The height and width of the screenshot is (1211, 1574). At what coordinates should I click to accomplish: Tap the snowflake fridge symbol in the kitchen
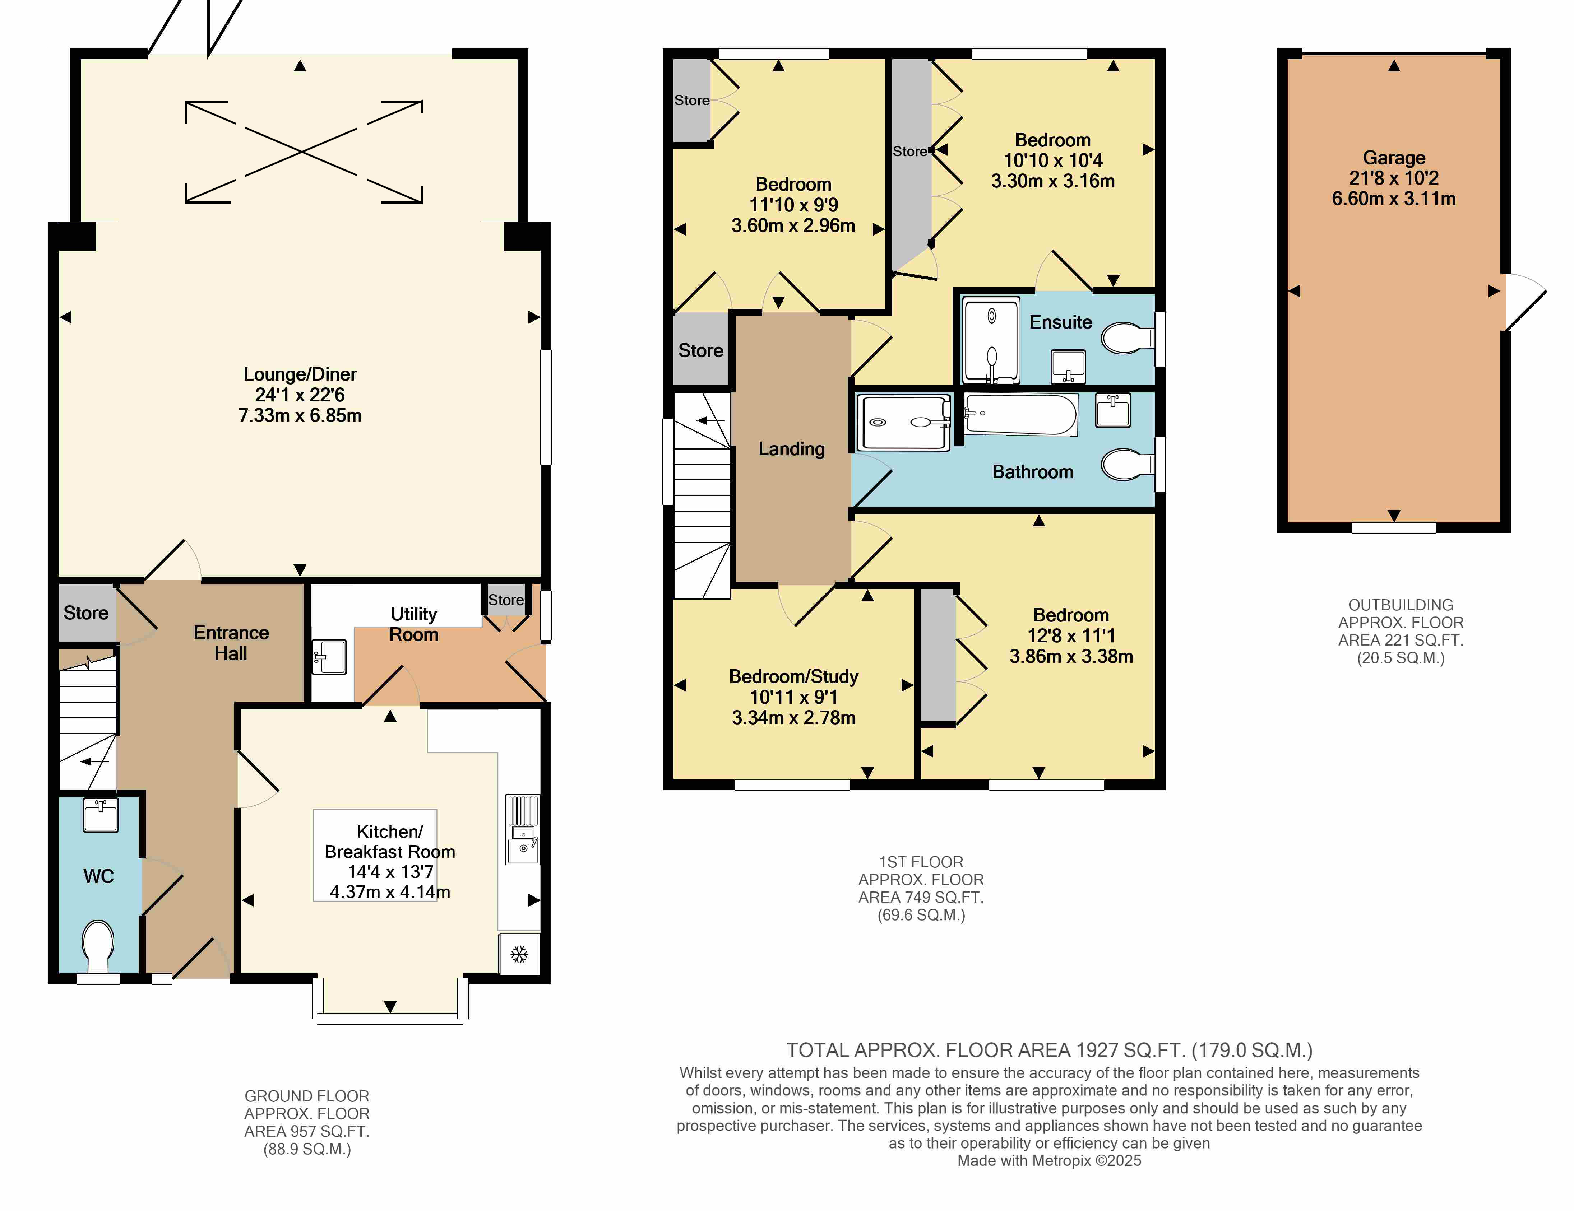click(519, 955)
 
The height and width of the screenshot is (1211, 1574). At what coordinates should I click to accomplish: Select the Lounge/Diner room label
click(300, 374)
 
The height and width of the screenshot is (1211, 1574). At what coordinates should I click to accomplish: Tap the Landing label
click(791, 449)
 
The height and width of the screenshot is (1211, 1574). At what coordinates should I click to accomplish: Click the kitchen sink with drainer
click(523, 829)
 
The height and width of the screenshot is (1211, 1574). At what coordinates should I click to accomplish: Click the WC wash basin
click(100, 815)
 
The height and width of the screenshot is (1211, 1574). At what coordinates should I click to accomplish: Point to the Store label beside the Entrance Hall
click(86, 613)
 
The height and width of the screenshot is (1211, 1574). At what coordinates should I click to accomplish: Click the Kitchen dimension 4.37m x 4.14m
click(390, 892)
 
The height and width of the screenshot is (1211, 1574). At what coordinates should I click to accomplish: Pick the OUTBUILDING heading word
click(1400, 605)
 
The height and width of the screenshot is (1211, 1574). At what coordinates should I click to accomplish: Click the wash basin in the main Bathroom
click(1113, 410)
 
